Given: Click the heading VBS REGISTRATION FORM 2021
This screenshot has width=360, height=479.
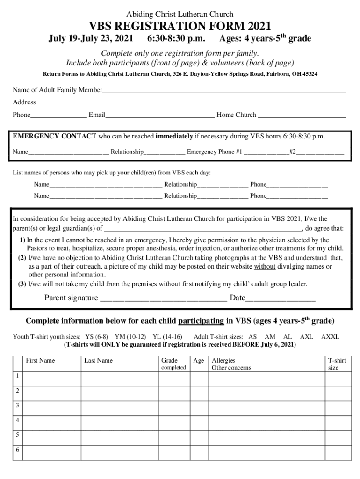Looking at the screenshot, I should tap(180, 26).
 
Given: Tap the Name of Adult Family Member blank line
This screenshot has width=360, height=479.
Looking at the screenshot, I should tap(224, 90).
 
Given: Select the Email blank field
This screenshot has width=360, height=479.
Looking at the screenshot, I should tap(159, 115).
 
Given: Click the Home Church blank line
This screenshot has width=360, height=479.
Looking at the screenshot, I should tap(302, 115).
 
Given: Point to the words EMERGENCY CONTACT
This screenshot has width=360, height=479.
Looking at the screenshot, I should tap(55, 137).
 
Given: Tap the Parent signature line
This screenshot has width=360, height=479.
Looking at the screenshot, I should tap(164, 298).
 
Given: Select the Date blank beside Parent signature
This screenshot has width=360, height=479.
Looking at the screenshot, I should tap(280, 298).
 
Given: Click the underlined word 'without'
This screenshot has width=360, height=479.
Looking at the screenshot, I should tap(264, 266).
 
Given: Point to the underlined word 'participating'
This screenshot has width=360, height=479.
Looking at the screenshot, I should tap(201, 321).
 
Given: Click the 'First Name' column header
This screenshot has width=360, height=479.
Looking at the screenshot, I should tap(40, 361).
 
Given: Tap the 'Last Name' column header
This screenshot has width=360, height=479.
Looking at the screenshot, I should tap(98, 361).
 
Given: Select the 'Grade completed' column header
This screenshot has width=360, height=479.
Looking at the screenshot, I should tap(173, 364).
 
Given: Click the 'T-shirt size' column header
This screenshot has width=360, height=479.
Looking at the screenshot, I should tap(337, 364).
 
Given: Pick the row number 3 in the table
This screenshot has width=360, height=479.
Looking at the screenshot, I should tap(17, 406).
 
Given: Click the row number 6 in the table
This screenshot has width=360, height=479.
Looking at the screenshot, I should tap(17, 450).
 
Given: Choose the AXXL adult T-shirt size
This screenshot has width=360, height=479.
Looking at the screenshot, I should tap(330, 337).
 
